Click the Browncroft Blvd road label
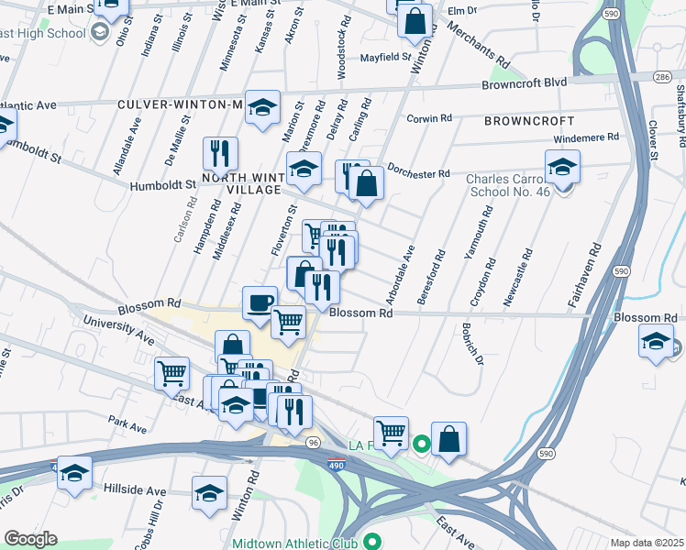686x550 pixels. point(525,83)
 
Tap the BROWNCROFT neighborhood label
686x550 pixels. point(529,121)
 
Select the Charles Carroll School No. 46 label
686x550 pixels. point(506,188)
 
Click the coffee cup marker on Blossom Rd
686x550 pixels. point(260,302)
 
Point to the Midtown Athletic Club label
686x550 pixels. point(293,542)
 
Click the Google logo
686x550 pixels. point(30,539)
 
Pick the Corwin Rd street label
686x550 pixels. point(430,118)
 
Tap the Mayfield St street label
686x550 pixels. point(386,57)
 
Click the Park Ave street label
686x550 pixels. point(127,427)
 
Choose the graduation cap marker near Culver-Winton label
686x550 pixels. point(262,108)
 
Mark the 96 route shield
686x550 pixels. point(313,442)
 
